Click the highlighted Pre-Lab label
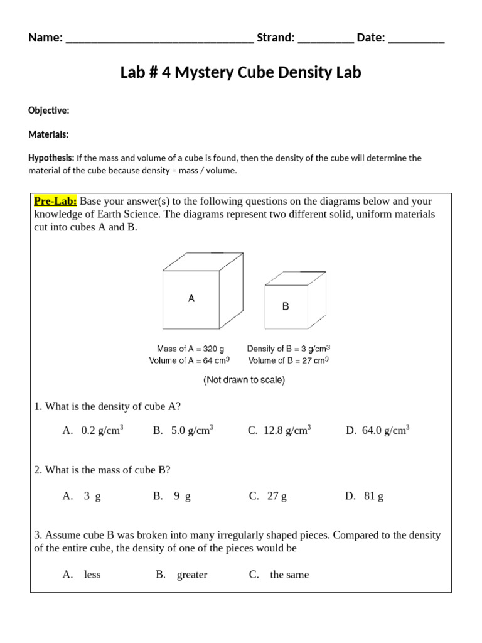tap(55, 201)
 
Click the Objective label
tap(48, 111)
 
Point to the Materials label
tap(48, 134)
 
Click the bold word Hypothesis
tap(51, 158)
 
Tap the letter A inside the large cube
tap(191, 299)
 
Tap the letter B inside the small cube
tap(286, 306)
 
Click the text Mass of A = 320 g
tap(190, 349)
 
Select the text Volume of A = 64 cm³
tap(189, 360)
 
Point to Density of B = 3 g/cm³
tap(289, 349)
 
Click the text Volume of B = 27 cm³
tap(289, 360)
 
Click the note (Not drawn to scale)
tap(244, 381)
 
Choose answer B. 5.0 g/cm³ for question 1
tap(183, 431)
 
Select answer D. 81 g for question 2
tap(364, 496)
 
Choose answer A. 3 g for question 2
tap(82, 496)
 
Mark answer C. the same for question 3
tap(279, 575)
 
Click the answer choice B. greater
tap(181, 575)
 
